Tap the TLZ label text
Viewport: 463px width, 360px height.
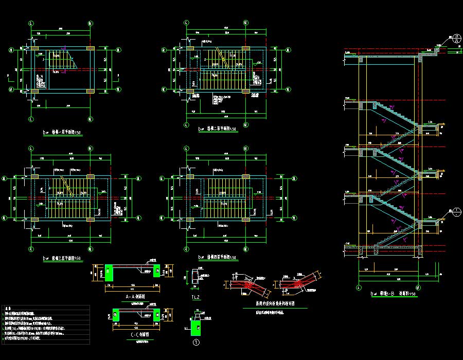click(x=195, y=297)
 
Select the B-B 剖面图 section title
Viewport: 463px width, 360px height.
click(x=394, y=294)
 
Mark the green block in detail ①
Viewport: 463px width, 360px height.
click(x=195, y=327)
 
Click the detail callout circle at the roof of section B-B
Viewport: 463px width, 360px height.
click(x=457, y=39)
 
